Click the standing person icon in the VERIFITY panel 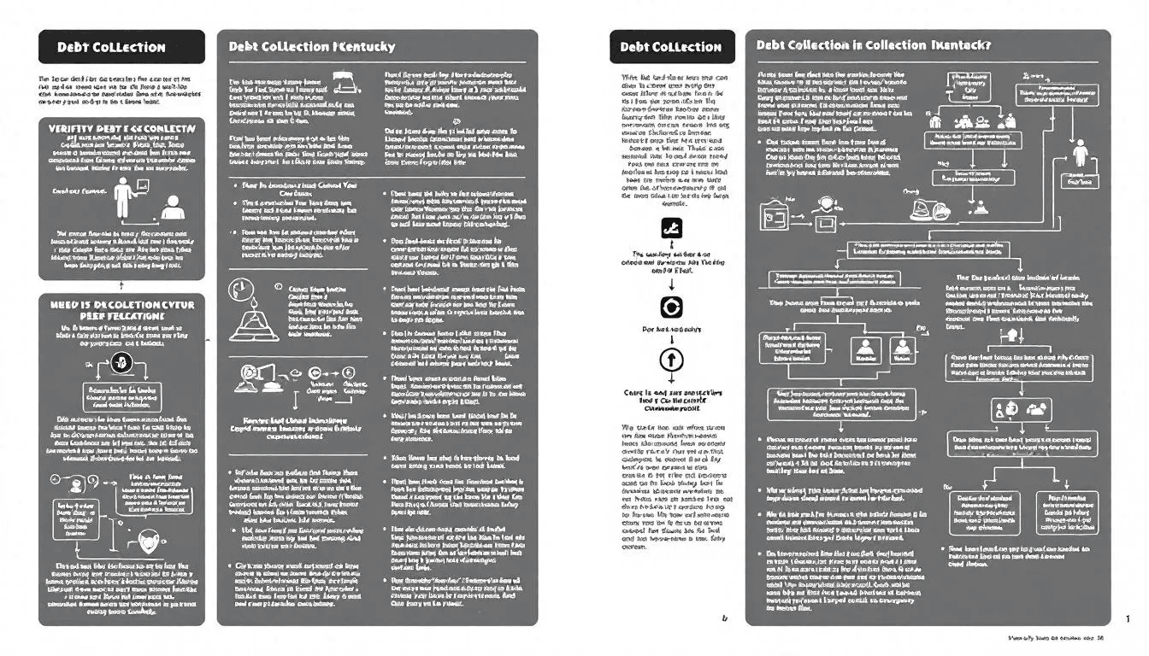126,197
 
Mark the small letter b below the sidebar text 725,618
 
